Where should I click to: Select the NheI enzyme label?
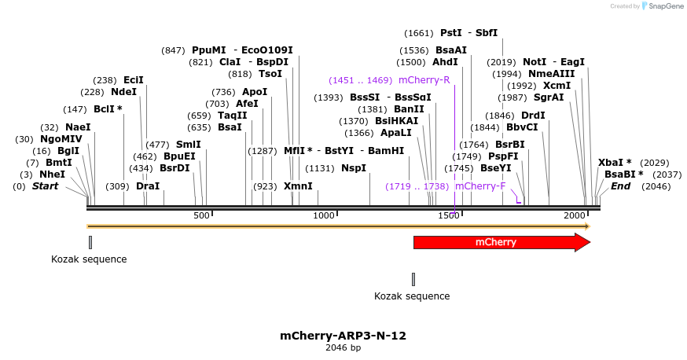click(52, 174)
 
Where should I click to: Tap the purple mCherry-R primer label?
click(424, 80)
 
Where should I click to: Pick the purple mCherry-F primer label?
click(479, 186)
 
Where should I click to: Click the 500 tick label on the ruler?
click(202, 215)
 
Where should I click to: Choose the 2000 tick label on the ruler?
click(575, 215)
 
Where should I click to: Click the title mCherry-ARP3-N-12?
click(343, 336)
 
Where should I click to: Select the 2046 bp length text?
click(343, 347)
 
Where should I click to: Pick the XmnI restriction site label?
click(298, 186)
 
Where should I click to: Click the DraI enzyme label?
click(148, 186)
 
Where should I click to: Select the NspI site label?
click(353, 168)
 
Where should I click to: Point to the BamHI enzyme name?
click(386, 150)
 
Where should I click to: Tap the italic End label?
click(620, 186)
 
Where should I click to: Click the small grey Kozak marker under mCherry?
click(413, 279)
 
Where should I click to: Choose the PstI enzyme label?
click(450, 33)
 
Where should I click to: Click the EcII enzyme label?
click(134, 79)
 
